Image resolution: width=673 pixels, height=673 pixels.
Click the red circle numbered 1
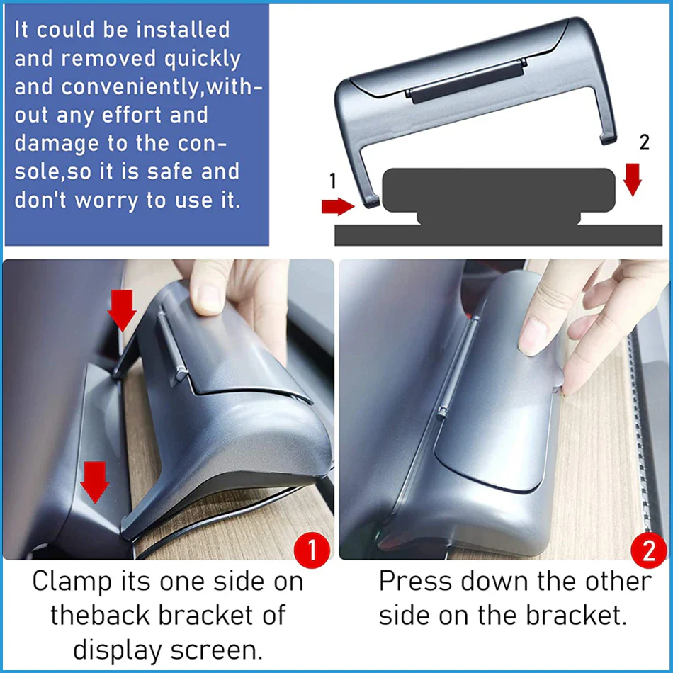(x=312, y=550)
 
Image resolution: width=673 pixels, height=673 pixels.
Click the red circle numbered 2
(x=649, y=550)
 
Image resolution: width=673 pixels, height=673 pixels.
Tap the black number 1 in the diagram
(x=333, y=181)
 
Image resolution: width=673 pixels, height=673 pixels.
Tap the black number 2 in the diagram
(x=644, y=142)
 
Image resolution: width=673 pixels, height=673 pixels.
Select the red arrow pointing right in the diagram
(x=338, y=206)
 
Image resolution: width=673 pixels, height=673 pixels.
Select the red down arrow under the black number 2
(x=632, y=179)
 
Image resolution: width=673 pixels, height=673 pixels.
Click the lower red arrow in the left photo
(x=95, y=482)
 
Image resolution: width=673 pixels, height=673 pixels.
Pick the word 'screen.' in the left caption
(x=216, y=650)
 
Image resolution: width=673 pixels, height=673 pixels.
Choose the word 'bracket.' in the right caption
(x=577, y=616)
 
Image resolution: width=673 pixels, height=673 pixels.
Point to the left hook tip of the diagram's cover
(x=372, y=202)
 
